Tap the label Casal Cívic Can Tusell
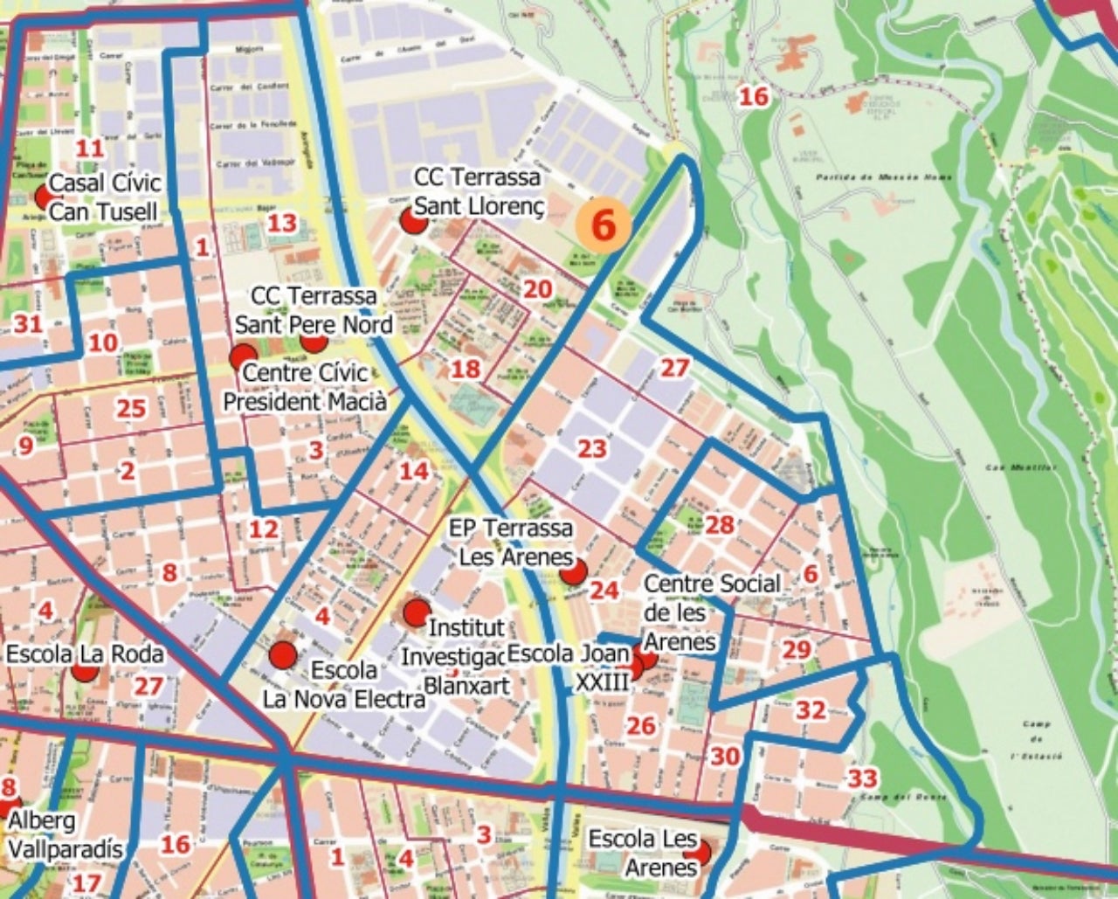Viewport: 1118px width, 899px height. click(x=104, y=197)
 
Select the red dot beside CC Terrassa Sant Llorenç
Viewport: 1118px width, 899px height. click(x=413, y=220)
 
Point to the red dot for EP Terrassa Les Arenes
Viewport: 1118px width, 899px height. click(x=573, y=572)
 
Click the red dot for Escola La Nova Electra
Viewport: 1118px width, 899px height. click(x=283, y=654)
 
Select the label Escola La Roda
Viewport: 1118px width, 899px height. click(x=85, y=654)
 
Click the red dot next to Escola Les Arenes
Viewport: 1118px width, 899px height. click(x=698, y=851)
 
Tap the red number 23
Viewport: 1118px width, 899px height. click(x=591, y=449)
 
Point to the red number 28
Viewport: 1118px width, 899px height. click(x=720, y=525)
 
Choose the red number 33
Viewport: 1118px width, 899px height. click(x=863, y=778)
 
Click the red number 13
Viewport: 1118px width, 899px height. click(x=281, y=222)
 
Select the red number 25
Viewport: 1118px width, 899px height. click(x=131, y=408)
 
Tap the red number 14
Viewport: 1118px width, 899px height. click(x=414, y=472)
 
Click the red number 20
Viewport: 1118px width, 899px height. click(x=538, y=289)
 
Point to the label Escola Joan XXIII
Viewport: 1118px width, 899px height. click(x=568, y=667)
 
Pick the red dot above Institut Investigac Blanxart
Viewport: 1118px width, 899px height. click(x=418, y=612)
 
